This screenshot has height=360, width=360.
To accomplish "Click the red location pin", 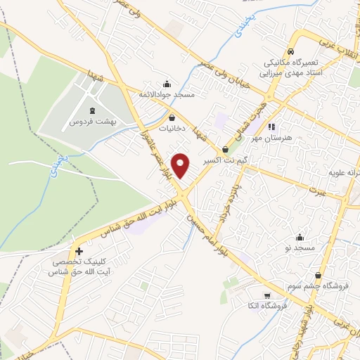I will [x=182, y=165].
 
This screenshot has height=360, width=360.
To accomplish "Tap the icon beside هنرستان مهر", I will [x=271, y=127].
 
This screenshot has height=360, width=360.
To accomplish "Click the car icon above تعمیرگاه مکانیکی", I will [x=290, y=51].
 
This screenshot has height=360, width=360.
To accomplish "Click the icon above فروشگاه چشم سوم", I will [x=320, y=275].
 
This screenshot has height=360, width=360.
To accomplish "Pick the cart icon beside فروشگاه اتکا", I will [x=266, y=295].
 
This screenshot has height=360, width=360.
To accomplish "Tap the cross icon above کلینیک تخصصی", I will [x=79, y=251].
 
